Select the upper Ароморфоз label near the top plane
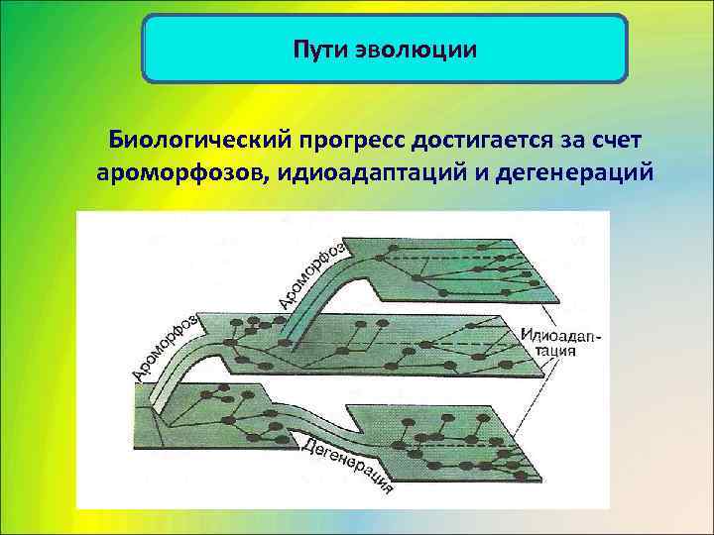(x=309, y=273)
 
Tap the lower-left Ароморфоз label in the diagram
(x=165, y=346)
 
